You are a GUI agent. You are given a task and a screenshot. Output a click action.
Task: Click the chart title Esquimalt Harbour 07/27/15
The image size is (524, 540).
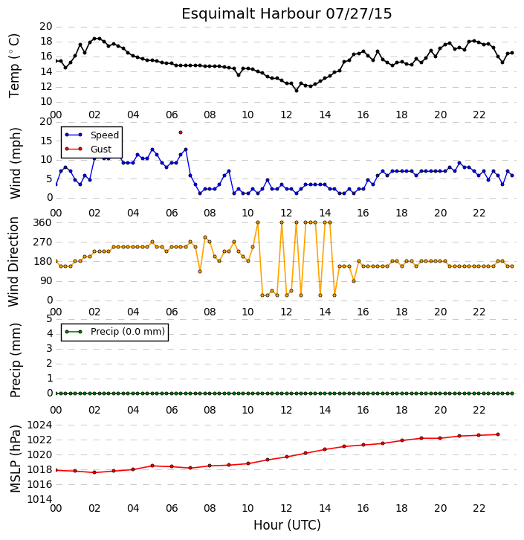[x=287, y=14]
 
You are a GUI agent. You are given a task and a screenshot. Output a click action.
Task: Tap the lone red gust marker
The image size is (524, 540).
[x=181, y=132]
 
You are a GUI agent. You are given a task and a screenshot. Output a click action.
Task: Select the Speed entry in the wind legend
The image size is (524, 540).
[x=92, y=135]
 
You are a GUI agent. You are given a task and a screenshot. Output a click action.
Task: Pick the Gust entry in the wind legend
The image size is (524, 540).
[x=88, y=149]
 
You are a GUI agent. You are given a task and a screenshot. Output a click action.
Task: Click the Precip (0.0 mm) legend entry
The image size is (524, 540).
[x=115, y=332]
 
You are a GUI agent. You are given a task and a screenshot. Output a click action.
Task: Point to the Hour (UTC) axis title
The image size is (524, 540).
[x=287, y=525]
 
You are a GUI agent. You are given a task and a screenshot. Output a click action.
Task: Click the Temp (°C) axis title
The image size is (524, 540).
[x=14, y=65]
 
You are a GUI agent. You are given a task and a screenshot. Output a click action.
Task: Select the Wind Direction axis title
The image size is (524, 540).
[x=13, y=261]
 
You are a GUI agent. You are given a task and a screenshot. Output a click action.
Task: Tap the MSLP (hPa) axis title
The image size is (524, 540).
[x=15, y=458]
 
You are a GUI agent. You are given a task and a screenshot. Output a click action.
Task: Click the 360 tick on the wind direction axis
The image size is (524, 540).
[x=42, y=222]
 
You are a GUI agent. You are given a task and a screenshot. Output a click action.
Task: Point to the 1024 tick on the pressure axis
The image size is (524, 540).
[x=39, y=425]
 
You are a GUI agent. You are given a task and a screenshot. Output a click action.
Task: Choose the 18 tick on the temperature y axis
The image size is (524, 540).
[x=46, y=42]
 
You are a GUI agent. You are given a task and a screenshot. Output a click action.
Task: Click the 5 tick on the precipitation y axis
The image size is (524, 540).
[x=49, y=318]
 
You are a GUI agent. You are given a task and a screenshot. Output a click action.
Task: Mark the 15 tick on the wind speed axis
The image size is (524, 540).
[x=46, y=141]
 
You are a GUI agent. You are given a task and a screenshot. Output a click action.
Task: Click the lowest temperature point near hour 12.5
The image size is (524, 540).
[x=297, y=91]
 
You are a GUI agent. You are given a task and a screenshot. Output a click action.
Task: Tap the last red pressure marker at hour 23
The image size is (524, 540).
[x=498, y=434]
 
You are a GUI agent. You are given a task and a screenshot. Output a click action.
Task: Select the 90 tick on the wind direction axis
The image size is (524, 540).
[x=46, y=280]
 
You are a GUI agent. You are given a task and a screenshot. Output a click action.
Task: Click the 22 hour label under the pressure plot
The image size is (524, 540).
[x=479, y=508]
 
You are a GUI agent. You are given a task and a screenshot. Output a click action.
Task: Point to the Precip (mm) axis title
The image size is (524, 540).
[x=15, y=360]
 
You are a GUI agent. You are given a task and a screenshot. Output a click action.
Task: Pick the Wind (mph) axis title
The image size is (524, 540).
[x=15, y=163]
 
